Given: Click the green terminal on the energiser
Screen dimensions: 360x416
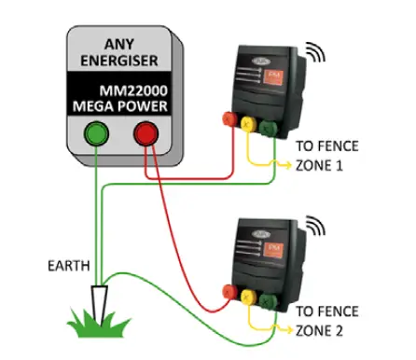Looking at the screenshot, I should coord(95,133).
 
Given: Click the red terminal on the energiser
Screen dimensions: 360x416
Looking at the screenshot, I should coord(146,133).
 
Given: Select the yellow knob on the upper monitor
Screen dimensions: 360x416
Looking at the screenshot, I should coord(246,121).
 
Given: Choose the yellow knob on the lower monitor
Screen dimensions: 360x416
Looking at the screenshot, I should coord(247,295).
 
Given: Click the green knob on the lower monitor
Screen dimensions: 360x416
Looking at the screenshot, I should coord(269,298).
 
